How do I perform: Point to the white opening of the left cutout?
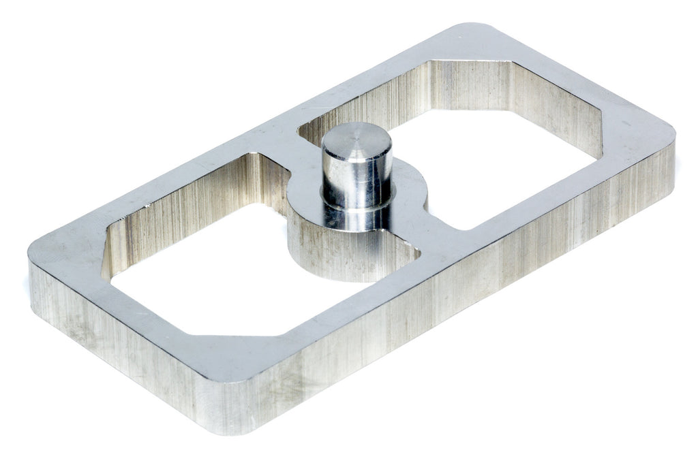[x=204, y=272]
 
